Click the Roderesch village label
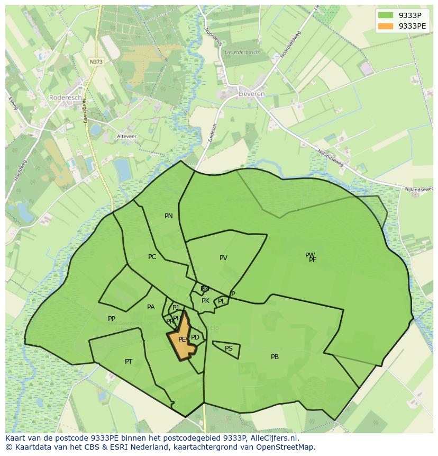point(66,97)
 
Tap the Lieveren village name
point(252,94)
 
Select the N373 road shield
point(96,61)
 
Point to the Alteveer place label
point(126,136)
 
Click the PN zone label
point(169,216)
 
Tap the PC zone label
point(152,257)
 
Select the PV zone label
point(223,258)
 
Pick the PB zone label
point(275,357)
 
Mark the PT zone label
point(129,362)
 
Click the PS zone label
point(229,348)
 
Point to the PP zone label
point(112,319)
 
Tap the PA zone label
point(151,307)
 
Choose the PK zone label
point(205,301)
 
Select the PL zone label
point(221,301)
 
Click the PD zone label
point(195,337)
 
